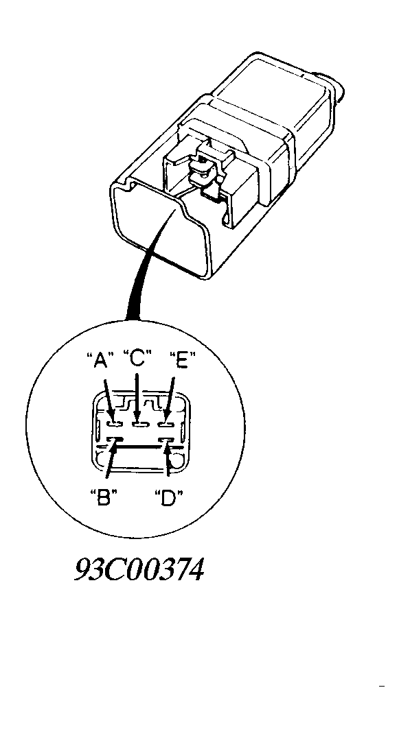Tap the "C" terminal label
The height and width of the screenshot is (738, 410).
click(x=137, y=359)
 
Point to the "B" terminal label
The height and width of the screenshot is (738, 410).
click(x=103, y=497)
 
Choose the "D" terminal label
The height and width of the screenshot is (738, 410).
click(x=168, y=497)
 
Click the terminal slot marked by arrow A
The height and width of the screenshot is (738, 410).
click(x=115, y=424)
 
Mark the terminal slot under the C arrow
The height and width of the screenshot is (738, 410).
click(x=140, y=425)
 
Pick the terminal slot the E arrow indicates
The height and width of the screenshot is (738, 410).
click(x=166, y=425)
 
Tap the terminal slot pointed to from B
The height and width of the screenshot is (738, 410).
click(x=115, y=440)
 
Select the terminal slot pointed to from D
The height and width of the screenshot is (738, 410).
click(x=166, y=440)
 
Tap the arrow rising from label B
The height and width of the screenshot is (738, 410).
click(x=111, y=460)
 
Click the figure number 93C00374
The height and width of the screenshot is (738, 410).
click(x=139, y=570)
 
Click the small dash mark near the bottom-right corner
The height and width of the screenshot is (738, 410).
click(x=382, y=687)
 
